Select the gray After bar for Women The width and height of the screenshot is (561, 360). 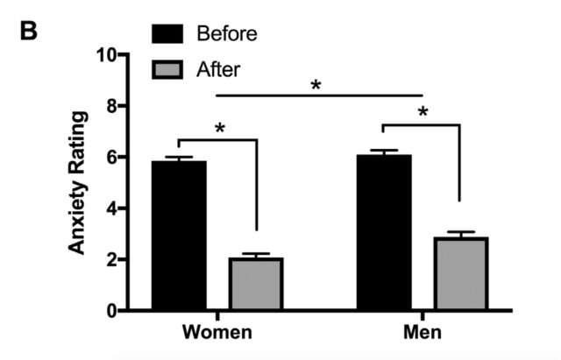(x=255, y=284)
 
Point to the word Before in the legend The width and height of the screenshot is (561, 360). (x=227, y=34)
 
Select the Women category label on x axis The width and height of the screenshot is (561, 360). (x=217, y=334)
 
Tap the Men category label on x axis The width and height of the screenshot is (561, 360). (x=423, y=334)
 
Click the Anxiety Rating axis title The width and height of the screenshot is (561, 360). (x=79, y=182)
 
